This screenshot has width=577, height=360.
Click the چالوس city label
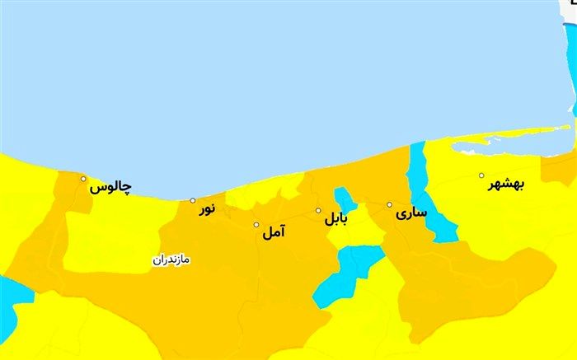tap(110, 188)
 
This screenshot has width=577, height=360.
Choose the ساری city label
tap(411, 212)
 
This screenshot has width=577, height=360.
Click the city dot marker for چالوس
tap(83, 179)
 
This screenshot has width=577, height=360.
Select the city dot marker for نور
tap(193, 200)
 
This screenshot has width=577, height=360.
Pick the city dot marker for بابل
tap(319, 211)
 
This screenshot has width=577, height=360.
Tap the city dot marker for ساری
tap(390, 204)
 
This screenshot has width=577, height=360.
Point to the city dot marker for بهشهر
tap(482, 175)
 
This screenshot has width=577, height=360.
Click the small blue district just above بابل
tap(343, 199)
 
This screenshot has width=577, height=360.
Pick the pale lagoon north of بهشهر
tap(495, 146)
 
